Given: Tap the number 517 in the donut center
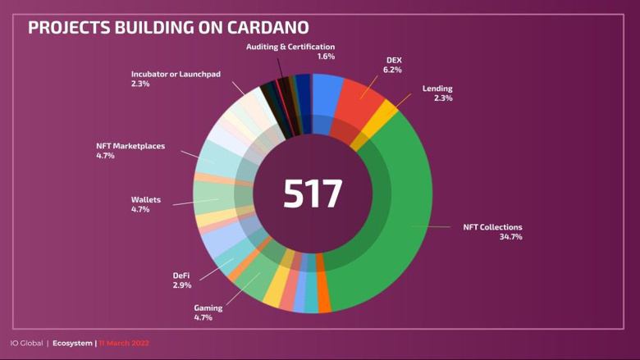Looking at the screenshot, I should (313, 194).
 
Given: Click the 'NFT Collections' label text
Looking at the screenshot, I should (492, 226).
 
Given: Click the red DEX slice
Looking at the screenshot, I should (359, 103).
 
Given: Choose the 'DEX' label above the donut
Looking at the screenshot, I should (394, 60).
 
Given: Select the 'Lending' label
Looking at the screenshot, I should (437, 88).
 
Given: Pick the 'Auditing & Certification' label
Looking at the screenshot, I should (290, 47).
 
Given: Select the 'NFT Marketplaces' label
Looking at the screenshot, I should (130, 146).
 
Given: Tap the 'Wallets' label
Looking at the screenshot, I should (146, 199).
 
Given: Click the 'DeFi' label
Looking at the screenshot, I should (181, 275).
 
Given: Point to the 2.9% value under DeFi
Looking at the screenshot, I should (182, 285).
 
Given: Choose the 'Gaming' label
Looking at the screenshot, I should (208, 307).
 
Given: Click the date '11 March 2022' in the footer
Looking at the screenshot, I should (124, 343).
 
